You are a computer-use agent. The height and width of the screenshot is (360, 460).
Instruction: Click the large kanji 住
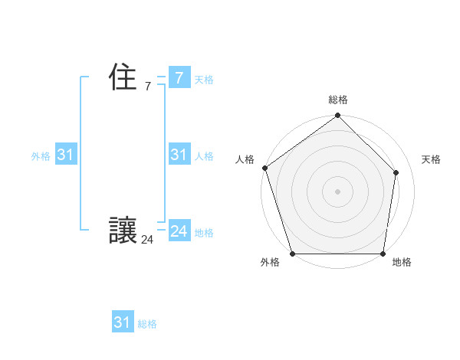point(123,77)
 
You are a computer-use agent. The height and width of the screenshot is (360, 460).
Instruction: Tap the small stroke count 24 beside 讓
point(147,240)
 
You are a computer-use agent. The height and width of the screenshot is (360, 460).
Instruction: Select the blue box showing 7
point(179,77)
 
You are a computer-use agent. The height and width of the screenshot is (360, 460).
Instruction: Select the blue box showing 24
point(179,231)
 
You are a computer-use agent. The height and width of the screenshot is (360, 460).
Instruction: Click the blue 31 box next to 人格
point(179,155)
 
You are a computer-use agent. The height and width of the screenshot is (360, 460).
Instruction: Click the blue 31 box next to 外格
point(65,155)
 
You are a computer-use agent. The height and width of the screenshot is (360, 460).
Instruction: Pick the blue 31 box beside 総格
point(123,322)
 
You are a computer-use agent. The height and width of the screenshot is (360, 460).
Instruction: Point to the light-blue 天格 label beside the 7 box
point(204,80)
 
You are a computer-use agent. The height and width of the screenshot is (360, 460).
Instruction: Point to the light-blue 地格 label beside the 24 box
point(204,233)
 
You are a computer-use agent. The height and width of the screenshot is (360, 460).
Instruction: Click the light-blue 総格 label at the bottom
point(147,325)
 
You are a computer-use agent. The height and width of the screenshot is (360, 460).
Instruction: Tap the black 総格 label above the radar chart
point(337,100)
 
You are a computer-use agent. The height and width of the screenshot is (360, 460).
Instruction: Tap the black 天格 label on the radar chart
point(431,159)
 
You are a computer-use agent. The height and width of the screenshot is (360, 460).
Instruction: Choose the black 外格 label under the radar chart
point(270,263)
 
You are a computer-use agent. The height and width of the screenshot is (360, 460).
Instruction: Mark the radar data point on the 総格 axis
point(337,116)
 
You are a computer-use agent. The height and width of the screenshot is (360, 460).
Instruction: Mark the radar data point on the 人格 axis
point(264,168)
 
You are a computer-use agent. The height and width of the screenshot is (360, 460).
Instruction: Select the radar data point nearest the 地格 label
point(383,254)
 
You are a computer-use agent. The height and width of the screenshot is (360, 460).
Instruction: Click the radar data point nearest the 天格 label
point(397,172)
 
